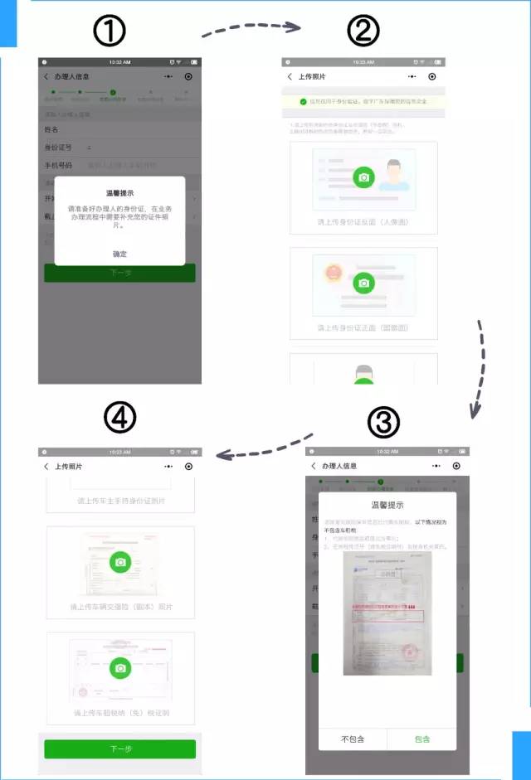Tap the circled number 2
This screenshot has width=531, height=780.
(x=363, y=32)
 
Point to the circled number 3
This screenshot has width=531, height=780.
(x=383, y=423)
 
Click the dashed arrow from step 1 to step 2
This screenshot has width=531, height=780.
(x=251, y=29)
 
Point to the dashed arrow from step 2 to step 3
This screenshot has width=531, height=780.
(x=480, y=366)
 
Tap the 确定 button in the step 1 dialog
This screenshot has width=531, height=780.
(x=119, y=254)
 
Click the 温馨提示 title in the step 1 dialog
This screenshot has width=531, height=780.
(x=119, y=193)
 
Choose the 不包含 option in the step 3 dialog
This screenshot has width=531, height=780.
(x=353, y=739)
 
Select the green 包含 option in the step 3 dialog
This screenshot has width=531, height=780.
(x=421, y=739)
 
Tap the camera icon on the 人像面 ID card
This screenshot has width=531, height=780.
(x=363, y=177)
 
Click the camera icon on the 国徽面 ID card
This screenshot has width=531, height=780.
(x=363, y=283)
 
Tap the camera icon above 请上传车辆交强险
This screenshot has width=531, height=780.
(x=121, y=563)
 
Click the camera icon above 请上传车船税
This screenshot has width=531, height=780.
(x=121, y=668)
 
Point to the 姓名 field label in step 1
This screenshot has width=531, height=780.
(x=52, y=130)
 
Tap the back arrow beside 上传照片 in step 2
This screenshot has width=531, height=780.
(x=290, y=76)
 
